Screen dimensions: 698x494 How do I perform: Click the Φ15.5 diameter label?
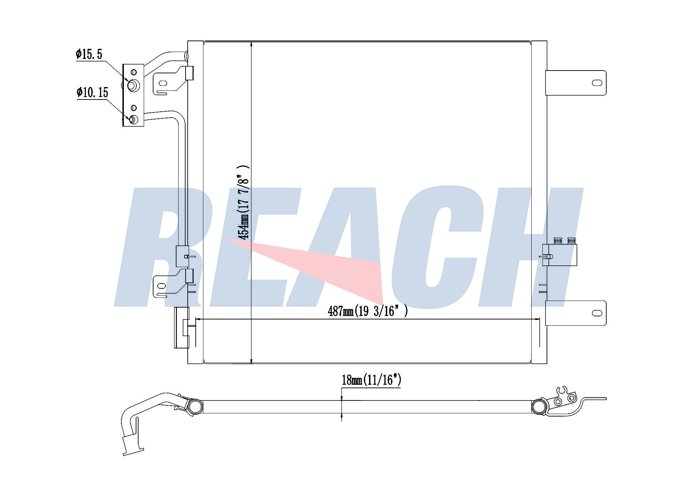pyautogui.click(x=89, y=54)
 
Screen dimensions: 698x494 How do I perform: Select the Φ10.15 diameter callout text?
pyautogui.click(x=92, y=93)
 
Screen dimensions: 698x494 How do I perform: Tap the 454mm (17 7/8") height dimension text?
pyautogui.click(x=243, y=202)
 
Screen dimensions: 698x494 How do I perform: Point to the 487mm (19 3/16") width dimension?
pyautogui.click(x=368, y=311)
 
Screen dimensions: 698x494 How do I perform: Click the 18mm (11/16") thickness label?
pyautogui.click(x=371, y=380)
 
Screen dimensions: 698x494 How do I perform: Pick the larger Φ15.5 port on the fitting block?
pyautogui.click(x=133, y=86)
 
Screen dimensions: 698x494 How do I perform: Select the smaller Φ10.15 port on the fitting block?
pyautogui.click(x=134, y=119)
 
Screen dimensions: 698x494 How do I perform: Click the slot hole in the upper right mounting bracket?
pyautogui.click(x=597, y=83)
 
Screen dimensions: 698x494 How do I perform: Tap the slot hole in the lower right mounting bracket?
pyautogui.click(x=597, y=313)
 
